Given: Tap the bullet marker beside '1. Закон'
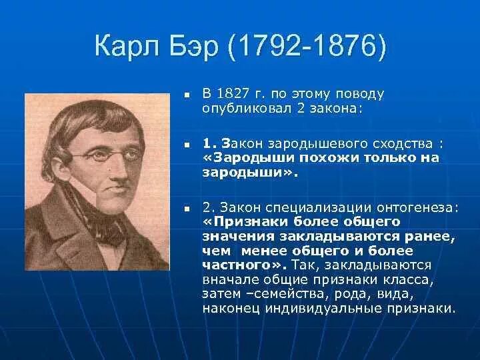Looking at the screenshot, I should click(188, 144).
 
